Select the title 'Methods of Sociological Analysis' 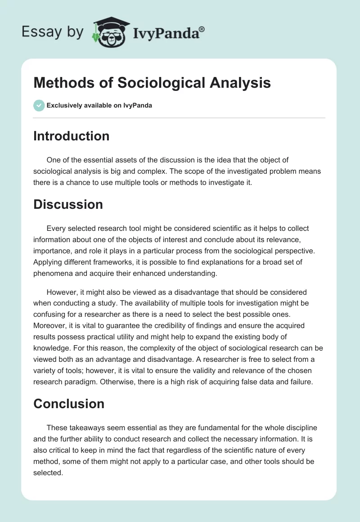[x=152, y=83]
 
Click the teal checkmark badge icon [x=39, y=105]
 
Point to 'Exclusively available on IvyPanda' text [x=99, y=105]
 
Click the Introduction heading [x=71, y=136]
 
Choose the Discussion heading [x=68, y=204]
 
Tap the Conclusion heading [x=68, y=404]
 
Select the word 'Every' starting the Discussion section [x=56, y=229]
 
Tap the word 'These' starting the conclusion [x=57, y=428]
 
